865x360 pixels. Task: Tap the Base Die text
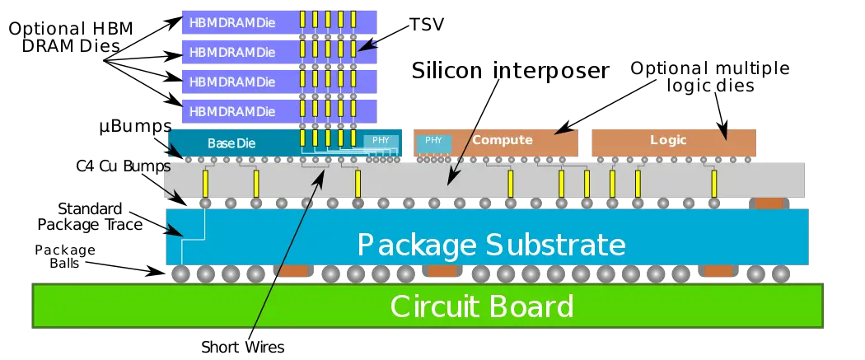(x=231, y=143)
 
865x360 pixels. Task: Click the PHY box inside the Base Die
(x=381, y=141)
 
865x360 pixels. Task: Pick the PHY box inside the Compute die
(x=433, y=141)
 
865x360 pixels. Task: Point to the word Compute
(x=503, y=140)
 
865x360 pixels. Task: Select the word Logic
(x=668, y=140)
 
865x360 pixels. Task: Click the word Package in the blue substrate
(x=416, y=245)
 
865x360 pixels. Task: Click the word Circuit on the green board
(x=432, y=306)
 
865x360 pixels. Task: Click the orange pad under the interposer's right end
(x=769, y=203)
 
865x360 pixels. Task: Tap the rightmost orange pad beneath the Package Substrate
(x=718, y=271)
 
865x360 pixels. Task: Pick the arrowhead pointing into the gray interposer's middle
(x=450, y=180)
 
